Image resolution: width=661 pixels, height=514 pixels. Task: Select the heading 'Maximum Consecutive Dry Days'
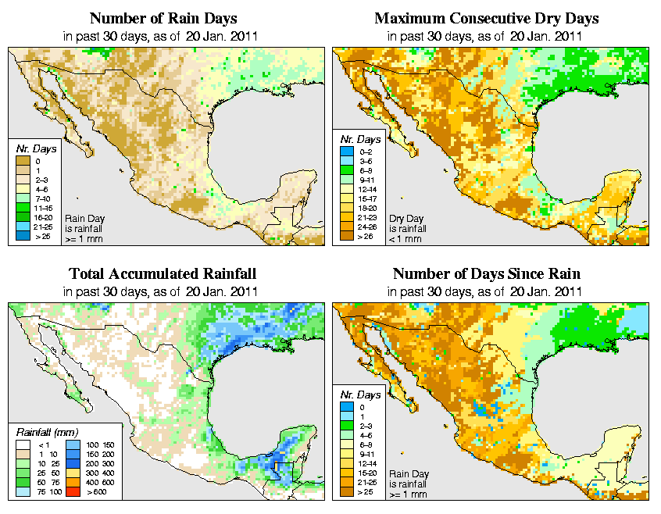coord(486,18)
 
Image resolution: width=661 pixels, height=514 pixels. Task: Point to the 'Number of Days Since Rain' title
coord(486,274)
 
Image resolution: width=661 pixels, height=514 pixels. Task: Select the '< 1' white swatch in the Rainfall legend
coord(23,445)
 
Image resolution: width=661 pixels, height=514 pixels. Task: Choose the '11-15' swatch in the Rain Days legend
coord(23,209)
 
